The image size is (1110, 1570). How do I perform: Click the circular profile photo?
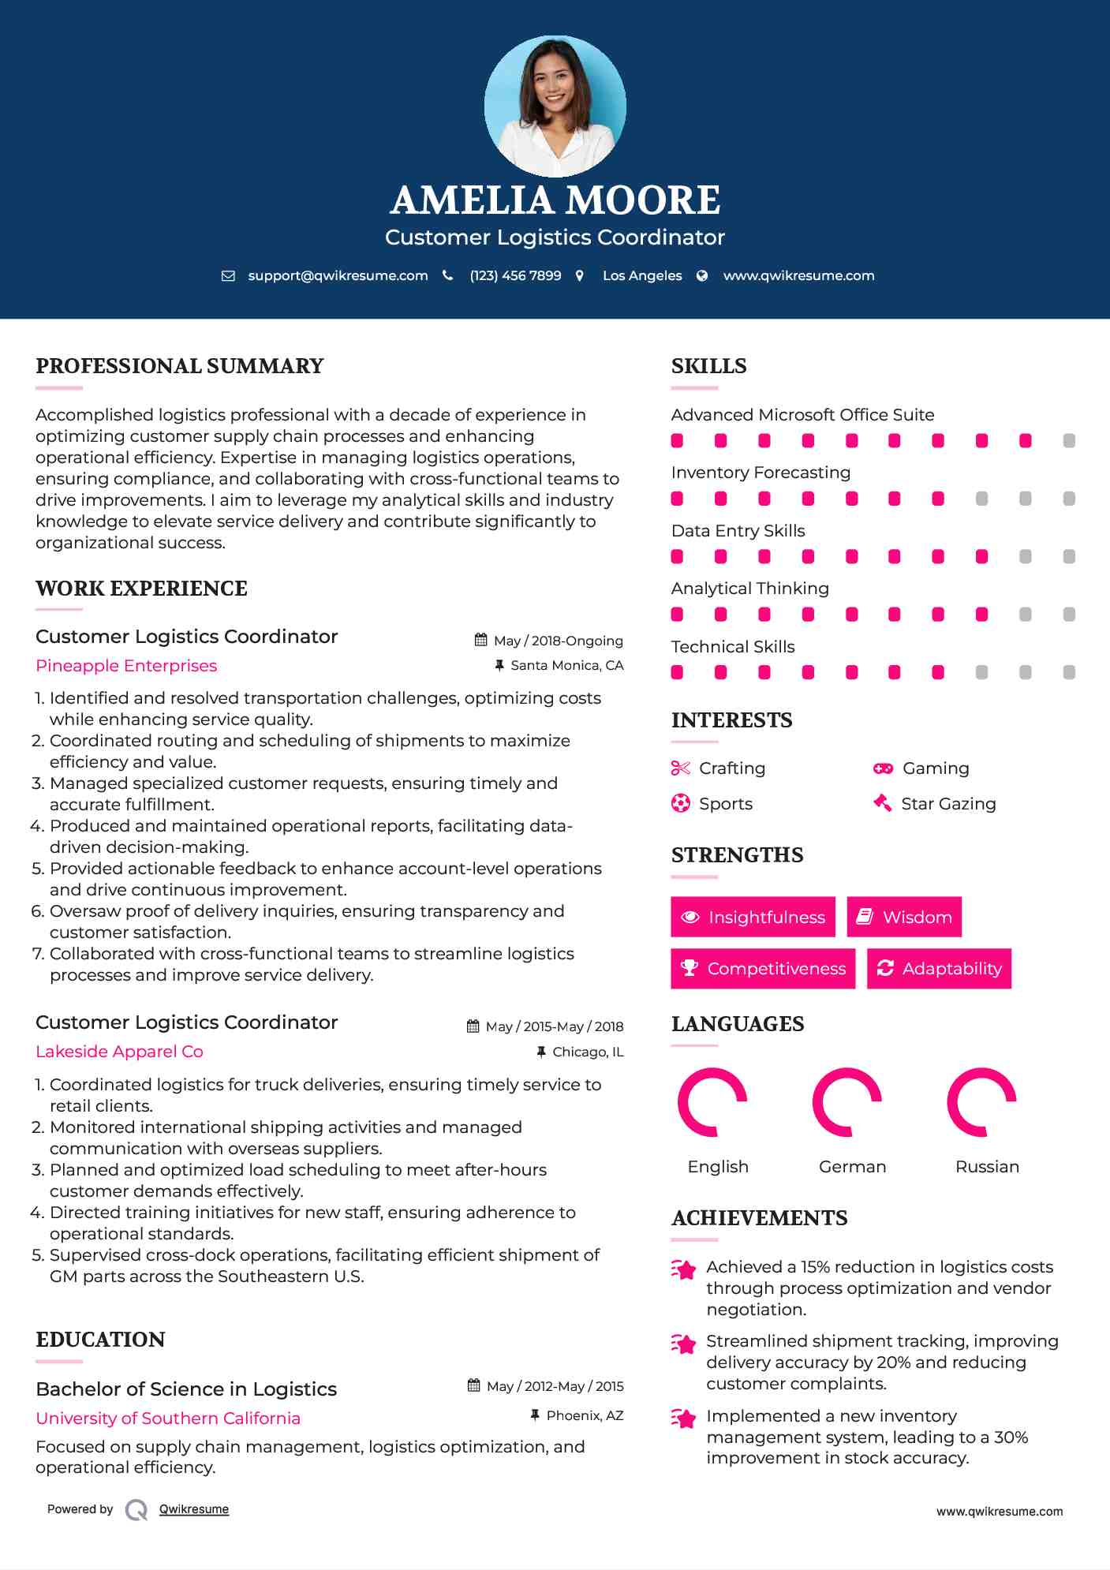[555, 106]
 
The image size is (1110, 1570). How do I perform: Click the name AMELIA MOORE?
[555, 200]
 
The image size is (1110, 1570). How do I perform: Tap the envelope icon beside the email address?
[228, 276]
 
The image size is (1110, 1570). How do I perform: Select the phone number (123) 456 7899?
[515, 276]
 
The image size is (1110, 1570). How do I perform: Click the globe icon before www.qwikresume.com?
[702, 276]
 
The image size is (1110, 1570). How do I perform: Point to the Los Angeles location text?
[642, 276]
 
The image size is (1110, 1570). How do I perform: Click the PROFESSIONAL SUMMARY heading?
[180, 366]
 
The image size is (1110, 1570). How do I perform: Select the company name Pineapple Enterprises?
[126, 666]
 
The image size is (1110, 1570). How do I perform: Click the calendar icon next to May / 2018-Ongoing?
[480, 641]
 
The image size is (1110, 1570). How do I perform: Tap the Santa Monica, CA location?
[566, 666]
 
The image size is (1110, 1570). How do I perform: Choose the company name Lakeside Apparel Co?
[119, 1052]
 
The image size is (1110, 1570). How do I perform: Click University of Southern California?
[168, 1419]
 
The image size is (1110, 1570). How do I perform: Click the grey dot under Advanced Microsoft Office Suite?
[1069, 441]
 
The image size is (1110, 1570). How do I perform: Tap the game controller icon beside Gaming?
[883, 768]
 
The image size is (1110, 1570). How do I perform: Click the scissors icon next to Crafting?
[680, 768]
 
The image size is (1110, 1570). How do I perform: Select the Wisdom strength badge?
[904, 917]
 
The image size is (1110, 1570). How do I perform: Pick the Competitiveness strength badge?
[763, 969]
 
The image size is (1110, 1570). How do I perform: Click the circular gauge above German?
[847, 1102]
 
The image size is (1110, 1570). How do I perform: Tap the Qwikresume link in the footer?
[194, 1509]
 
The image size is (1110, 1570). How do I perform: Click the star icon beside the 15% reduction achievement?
[684, 1269]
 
